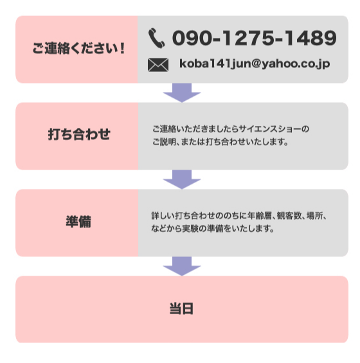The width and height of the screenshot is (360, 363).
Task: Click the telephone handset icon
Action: pyautogui.click(x=157, y=38)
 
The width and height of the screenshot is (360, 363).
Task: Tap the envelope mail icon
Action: pyautogui.click(x=158, y=65)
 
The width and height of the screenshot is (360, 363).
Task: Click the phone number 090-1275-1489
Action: pyautogui.click(x=255, y=38)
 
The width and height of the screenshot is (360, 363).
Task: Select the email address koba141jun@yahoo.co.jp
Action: pyautogui.click(x=255, y=64)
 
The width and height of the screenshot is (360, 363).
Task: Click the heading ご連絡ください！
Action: pyautogui.click(x=79, y=48)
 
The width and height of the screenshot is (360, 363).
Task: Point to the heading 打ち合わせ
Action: pyautogui.click(x=79, y=134)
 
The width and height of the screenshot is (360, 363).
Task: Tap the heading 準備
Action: pyautogui.click(x=78, y=222)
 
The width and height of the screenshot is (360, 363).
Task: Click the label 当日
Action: pyautogui.click(x=181, y=308)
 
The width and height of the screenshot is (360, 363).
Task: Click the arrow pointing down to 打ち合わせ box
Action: pyautogui.click(x=182, y=93)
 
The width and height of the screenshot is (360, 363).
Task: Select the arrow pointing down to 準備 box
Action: pyautogui.click(x=182, y=179)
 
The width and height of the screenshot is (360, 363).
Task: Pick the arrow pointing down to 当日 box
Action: pyautogui.click(x=182, y=266)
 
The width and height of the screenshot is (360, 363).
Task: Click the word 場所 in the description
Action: pyautogui.click(x=314, y=216)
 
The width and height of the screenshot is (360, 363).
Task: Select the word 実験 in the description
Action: pyautogui.click(x=190, y=229)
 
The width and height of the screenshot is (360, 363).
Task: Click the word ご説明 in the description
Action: pyautogui.click(x=164, y=142)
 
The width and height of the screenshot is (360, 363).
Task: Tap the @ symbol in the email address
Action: pyautogui.click(x=256, y=64)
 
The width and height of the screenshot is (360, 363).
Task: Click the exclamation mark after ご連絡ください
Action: pyautogui.click(x=122, y=48)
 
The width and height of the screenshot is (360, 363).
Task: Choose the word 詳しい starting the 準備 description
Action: pyautogui.click(x=163, y=216)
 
